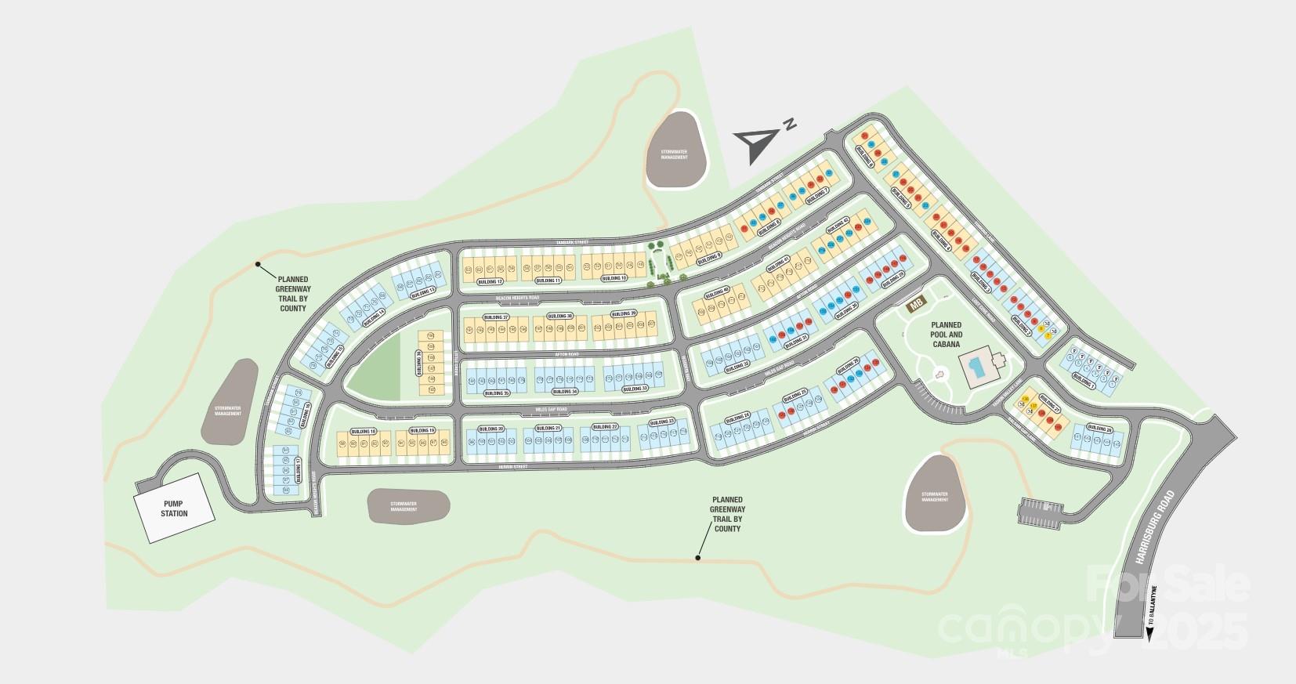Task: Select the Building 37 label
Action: (495, 317)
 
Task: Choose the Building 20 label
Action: (491, 429)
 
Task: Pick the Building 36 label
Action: (420, 363)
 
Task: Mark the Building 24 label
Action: (737, 416)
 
